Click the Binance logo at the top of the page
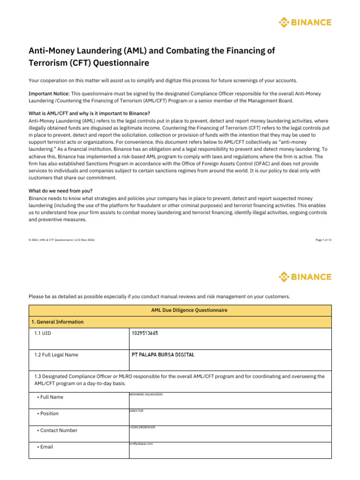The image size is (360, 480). pyautogui.click(x=305, y=22)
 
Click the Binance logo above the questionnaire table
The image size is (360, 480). pyautogui.click(x=305, y=277)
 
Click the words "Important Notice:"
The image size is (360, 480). pyautogui.click(x=49, y=94)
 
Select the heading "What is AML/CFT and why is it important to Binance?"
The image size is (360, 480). pyautogui.click(x=89, y=113)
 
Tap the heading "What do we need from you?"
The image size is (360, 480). pyautogui.click(x=60, y=191)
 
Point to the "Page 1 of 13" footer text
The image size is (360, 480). pyautogui.click(x=323, y=240)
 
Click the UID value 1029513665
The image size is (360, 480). pyautogui.click(x=145, y=333)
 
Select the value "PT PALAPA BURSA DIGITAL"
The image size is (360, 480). pyautogui.click(x=163, y=355)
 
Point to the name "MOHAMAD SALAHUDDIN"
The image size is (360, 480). pyautogui.click(x=146, y=395)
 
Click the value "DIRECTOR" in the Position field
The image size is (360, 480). pyautogui.click(x=136, y=411)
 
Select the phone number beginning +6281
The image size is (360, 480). pyautogui.click(x=142, y=427)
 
